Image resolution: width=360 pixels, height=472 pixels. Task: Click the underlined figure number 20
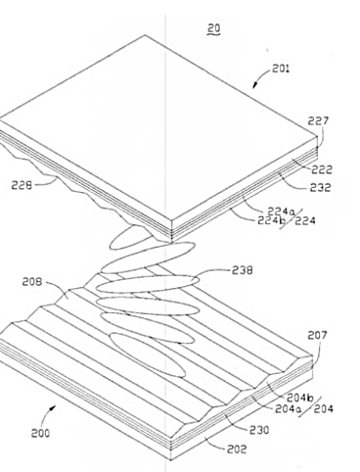click(x=214, y=28)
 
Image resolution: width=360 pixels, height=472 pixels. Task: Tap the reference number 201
click(x=281, y=69)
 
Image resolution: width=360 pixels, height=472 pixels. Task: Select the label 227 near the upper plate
click(x=318, y=120)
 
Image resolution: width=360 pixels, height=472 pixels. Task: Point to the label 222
click(x=322, y=169)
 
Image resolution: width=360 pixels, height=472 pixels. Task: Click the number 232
click(x=320, y=187)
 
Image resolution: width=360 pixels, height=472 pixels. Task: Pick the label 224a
click(x=281, y=212)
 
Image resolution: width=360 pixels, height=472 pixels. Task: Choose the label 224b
click(x=271, y=220)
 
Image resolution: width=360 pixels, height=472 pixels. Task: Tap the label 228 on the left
click(x=22, y=185)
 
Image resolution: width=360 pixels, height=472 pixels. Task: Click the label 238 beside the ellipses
click(x=243, y=270)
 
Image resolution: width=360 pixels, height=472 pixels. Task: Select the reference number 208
click(x=32, y=281)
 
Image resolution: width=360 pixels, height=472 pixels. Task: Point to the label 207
click(x=317, y=335)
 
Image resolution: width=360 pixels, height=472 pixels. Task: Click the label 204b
click(x=300, y=398)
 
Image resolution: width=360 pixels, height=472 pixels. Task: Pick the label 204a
click(x=288, y=408)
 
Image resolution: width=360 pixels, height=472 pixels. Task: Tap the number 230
click(x=259, y=430)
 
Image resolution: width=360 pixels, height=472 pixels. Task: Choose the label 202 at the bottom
click(x=237, y=449)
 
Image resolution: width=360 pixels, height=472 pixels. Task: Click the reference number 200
click(x=40, y=433)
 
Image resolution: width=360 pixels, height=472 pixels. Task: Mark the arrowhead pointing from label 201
click(x=255, y=85)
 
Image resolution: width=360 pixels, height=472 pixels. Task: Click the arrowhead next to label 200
click(x=53, y=408)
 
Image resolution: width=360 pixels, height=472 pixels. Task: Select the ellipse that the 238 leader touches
click(x=147, y=284)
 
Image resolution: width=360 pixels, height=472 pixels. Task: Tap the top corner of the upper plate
click(x=145, y=35)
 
